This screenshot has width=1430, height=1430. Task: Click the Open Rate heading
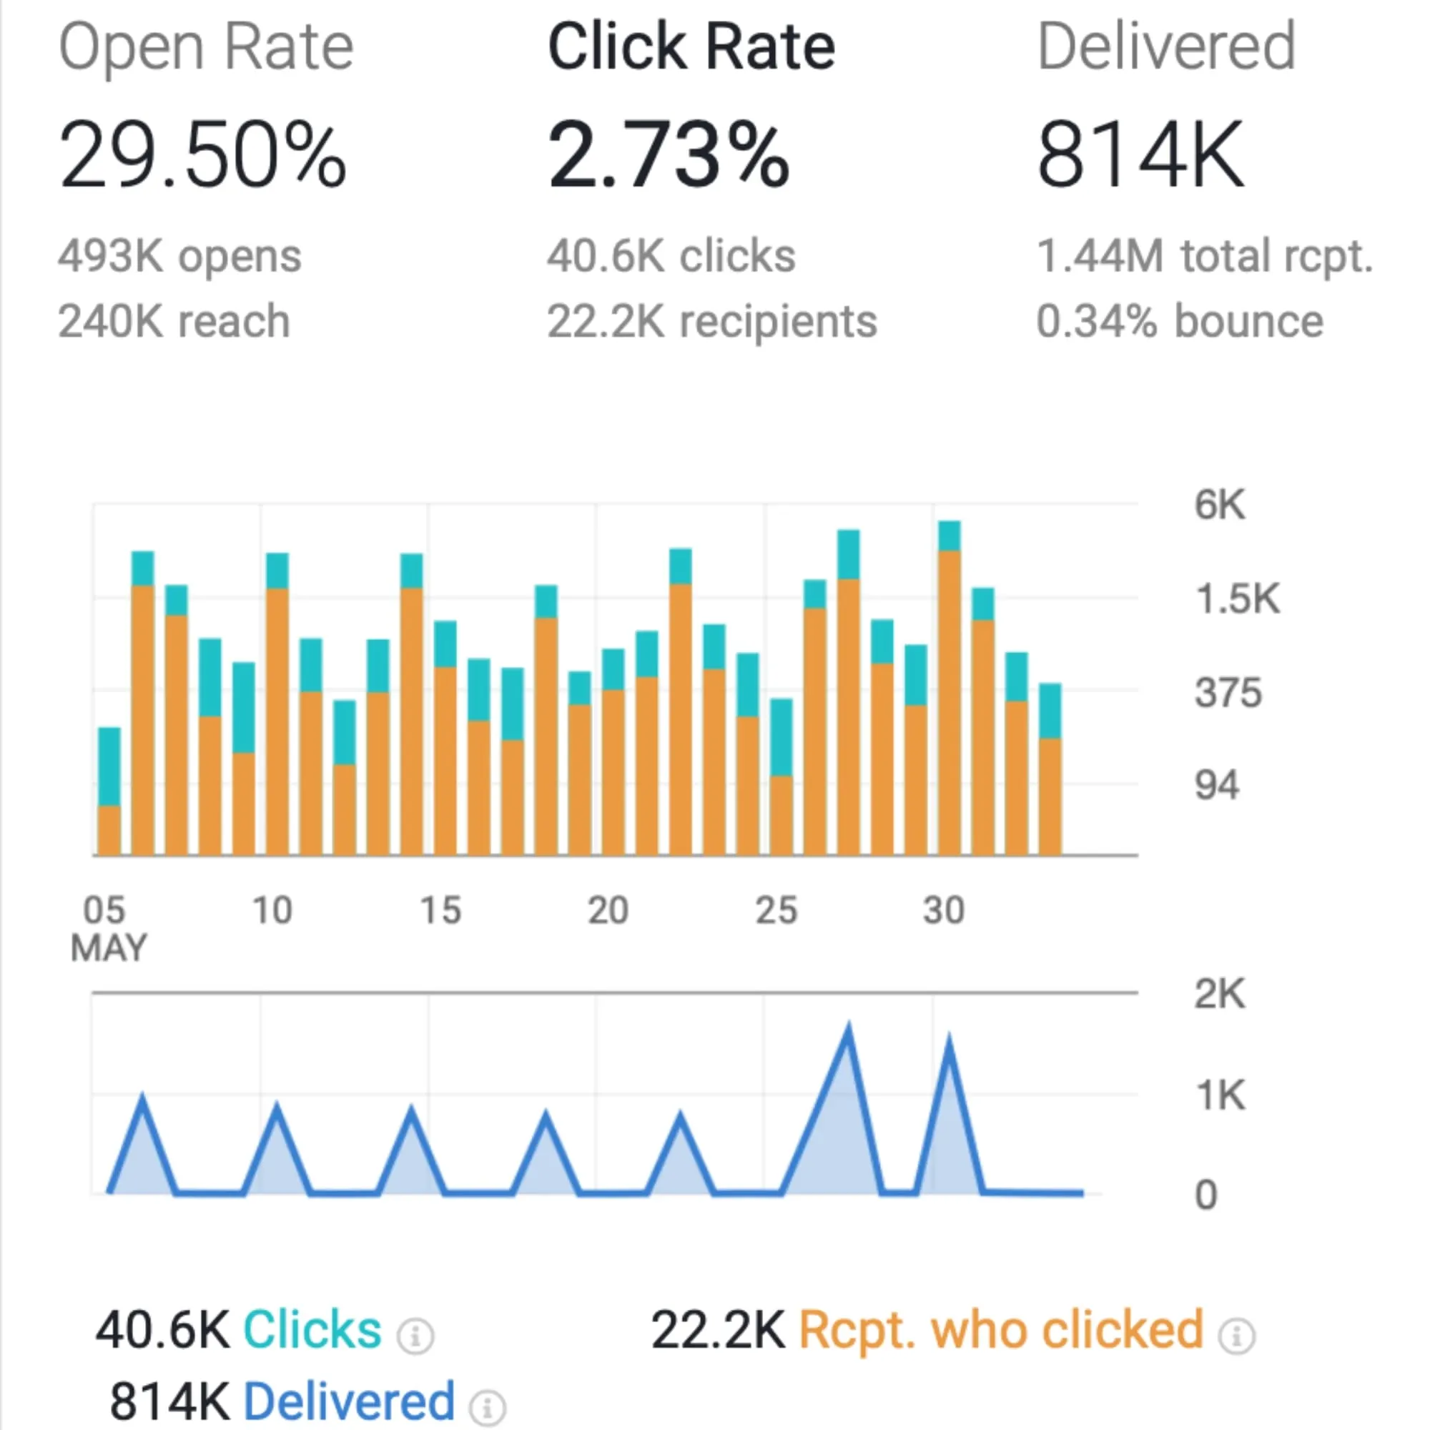tap(206, 47)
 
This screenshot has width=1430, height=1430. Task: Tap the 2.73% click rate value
tap(669, 155)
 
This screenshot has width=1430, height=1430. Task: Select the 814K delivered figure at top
tap(1140, 155)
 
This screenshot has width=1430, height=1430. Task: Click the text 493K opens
tap(180, 257)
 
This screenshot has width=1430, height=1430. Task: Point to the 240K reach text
tap(174, 321)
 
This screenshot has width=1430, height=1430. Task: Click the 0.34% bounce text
tap(1179, 321)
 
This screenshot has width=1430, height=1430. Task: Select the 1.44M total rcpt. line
tap(1204, 257)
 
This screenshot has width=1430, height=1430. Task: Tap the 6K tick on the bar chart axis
tap(1219, 505)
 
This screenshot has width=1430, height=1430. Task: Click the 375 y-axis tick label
tap(1227, 693)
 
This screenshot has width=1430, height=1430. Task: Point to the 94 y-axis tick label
tap(1216, 785)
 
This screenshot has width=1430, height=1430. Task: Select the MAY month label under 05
tap(109, 947)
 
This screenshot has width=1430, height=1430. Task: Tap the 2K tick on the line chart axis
tap(1219, 993)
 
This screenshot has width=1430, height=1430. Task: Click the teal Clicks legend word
tap(312, 1330)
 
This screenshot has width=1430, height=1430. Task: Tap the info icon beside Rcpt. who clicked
tap(1237, 1336)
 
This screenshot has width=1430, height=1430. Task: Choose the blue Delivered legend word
tap(349, 1401)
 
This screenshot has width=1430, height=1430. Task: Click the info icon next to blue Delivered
tap(488, 1407)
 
